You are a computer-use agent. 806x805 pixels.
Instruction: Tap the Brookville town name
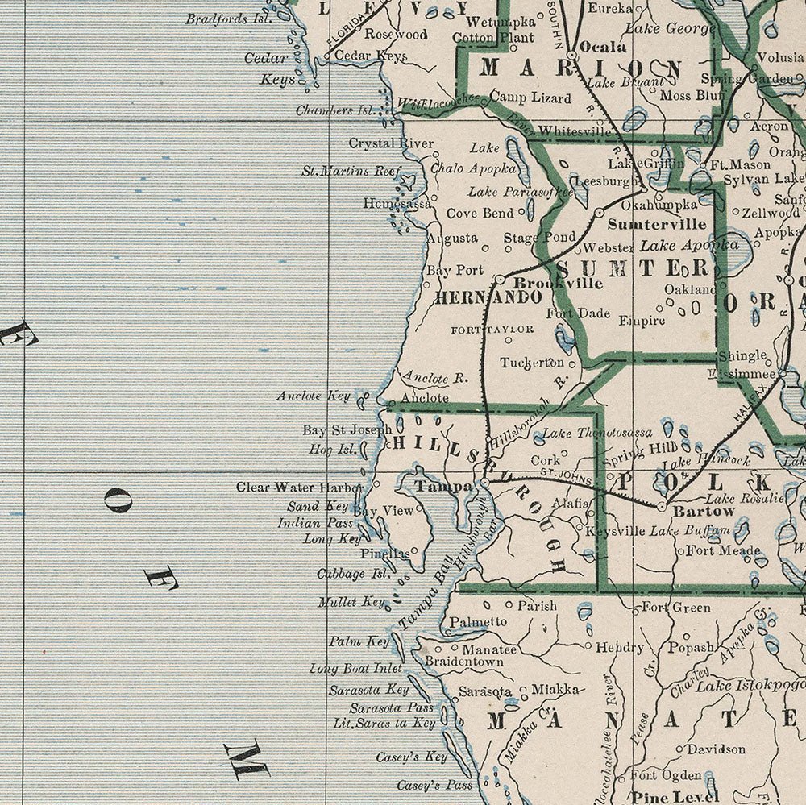click(x=546, y=284)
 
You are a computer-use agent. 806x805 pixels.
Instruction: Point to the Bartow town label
click(x=704, y=511)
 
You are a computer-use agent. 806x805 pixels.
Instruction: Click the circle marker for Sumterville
click(x=600, y=212)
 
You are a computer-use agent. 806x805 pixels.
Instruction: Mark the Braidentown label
click(x=464, y=662)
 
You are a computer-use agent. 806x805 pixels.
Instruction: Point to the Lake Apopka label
click(x=689, y=244)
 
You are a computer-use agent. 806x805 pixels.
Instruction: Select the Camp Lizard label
click(x=530, y=98)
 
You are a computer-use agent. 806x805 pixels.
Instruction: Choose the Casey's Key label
click(x=411, y=757)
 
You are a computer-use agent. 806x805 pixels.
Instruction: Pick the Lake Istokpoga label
click(x=750, y=686)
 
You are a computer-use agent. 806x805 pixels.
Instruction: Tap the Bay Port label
click(x=455, y=270)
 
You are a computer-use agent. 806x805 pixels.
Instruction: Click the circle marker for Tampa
click(x=484, y=483)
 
